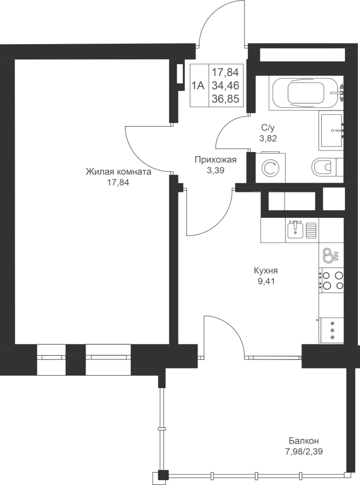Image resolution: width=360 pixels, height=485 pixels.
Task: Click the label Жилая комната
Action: [119, 172]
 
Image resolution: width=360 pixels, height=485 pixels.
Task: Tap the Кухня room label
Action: [266, 271]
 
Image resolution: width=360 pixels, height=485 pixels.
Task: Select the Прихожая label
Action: [216, 160]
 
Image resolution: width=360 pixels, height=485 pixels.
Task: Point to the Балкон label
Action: [304, 440]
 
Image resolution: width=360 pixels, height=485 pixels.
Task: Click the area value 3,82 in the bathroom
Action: [268, 138]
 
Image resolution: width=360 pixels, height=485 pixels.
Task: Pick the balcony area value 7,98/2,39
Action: [304, 452]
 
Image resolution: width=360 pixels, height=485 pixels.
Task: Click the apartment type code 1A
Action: [198, 85]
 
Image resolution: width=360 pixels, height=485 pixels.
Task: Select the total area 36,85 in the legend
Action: [225, 99]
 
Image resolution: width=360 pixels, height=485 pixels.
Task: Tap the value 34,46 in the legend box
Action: [225, 85]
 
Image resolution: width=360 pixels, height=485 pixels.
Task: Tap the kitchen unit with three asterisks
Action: [333, 330]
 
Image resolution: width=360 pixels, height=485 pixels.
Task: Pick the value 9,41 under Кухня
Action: [266, 281]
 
